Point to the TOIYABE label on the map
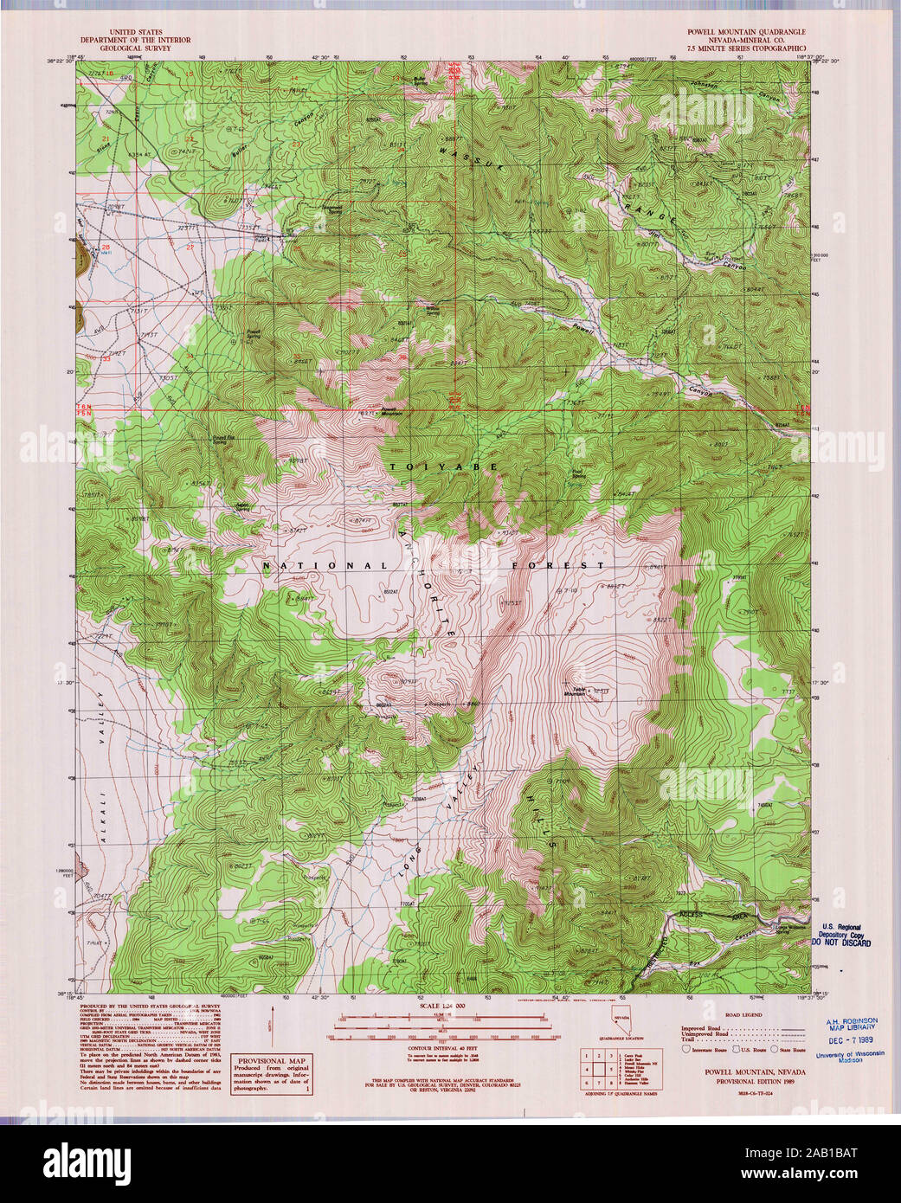pos(443,466)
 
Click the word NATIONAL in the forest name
pos(325,566)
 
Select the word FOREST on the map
pos(557,565)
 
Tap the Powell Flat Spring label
pos(224,439)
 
